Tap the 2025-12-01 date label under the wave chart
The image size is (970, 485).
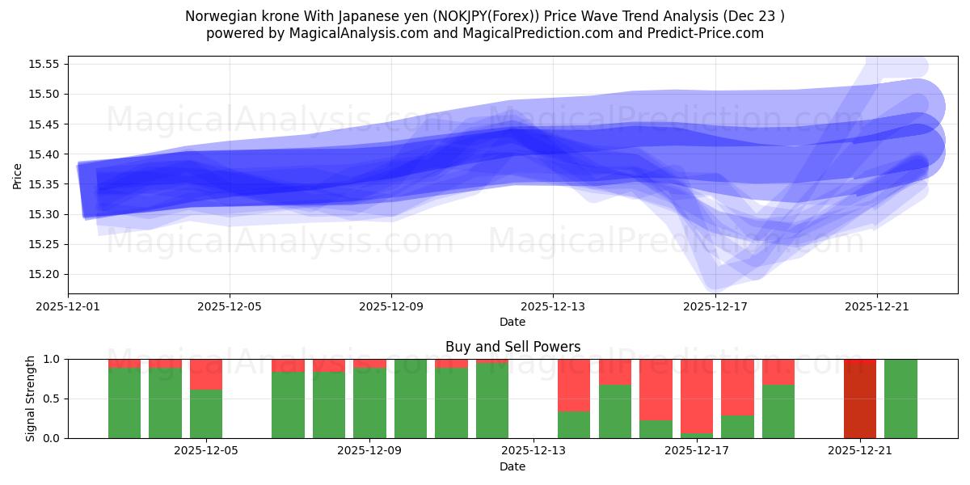pyautogui.click(x=69, y=307)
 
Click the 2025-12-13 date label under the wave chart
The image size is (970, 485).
pyautogui.click(x=553, y=307)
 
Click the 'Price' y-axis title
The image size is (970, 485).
pyautogui.click(x=18, y=175)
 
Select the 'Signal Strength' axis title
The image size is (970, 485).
pyautogui.click(x=30, y=399)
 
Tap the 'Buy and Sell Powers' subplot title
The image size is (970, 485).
pyautogui.click(x=512, y=347)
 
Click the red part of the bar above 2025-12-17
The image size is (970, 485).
pyautogui.click(x=697, y=396)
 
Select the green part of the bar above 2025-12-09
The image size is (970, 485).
pyautogui.click(x=369, y=404)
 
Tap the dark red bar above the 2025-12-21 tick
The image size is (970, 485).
pyautogui.click(x=860, y=399)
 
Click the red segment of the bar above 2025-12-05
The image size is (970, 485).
pyautogui.click(x=206, y=374)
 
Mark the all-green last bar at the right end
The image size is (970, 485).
pyautogui.click(x=900, y=399)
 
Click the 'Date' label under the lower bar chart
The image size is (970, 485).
pyautogui.click(x=512, y=466)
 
